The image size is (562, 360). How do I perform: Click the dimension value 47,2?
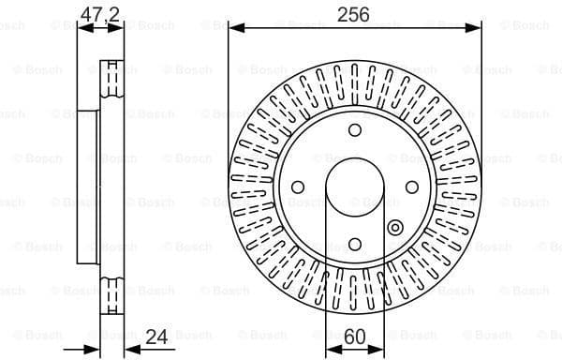pyautogui.click(x=100, y=13)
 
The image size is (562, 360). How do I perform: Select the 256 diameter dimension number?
pyautogui.click(x=354, y=13)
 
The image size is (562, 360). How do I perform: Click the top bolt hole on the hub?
pyautogui.click(x=354, y=130)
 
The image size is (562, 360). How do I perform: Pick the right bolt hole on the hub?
pyautogui.click(x=411, y=187)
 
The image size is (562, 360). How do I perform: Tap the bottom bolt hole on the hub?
pyautogui.click(x=354, y=244)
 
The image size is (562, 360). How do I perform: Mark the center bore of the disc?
pyautogui.click(x=354, y=187)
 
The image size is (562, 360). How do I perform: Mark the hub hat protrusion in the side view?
pyautogui.click(x=88, y=187)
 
